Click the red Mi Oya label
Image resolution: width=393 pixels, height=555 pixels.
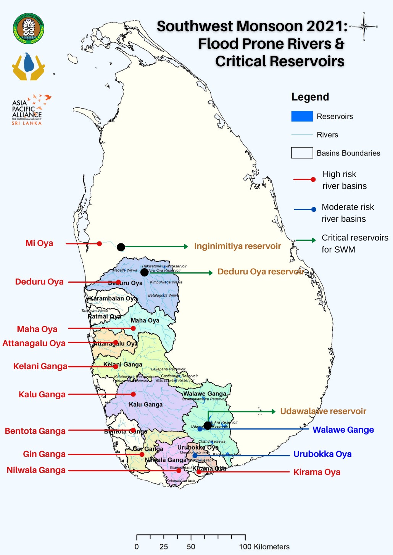[39, 243]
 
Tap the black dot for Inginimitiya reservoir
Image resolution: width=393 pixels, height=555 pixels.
[121, 247]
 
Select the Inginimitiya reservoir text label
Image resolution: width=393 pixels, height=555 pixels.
[237, 246]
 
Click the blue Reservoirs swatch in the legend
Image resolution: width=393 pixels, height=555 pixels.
[302, 117]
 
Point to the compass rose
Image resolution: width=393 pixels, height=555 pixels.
[364, 27]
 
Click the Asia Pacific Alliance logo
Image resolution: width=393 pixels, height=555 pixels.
[29, 110]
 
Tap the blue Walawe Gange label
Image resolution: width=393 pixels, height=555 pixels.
[343, 430]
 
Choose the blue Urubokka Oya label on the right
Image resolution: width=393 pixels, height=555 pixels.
[322, 454]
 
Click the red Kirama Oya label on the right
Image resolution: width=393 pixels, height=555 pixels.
[317, 472]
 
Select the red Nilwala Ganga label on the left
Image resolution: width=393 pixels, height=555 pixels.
[36, 470]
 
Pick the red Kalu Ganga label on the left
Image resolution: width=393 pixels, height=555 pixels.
[42, 395]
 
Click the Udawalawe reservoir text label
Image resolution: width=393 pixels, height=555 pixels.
[323, 411]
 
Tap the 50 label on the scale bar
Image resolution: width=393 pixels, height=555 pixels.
[191, 547]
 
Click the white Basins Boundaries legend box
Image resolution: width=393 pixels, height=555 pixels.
[302, 153]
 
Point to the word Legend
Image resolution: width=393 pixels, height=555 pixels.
[310, 97]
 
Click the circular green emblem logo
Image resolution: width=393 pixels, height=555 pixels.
[29, 29]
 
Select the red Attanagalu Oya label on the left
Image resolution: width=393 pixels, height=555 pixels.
[34, 344]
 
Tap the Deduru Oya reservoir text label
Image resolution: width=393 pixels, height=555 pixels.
[261, 272]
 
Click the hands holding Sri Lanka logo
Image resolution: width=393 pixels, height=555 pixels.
[29, 67]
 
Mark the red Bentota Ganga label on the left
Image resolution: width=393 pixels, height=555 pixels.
[35, 431]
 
